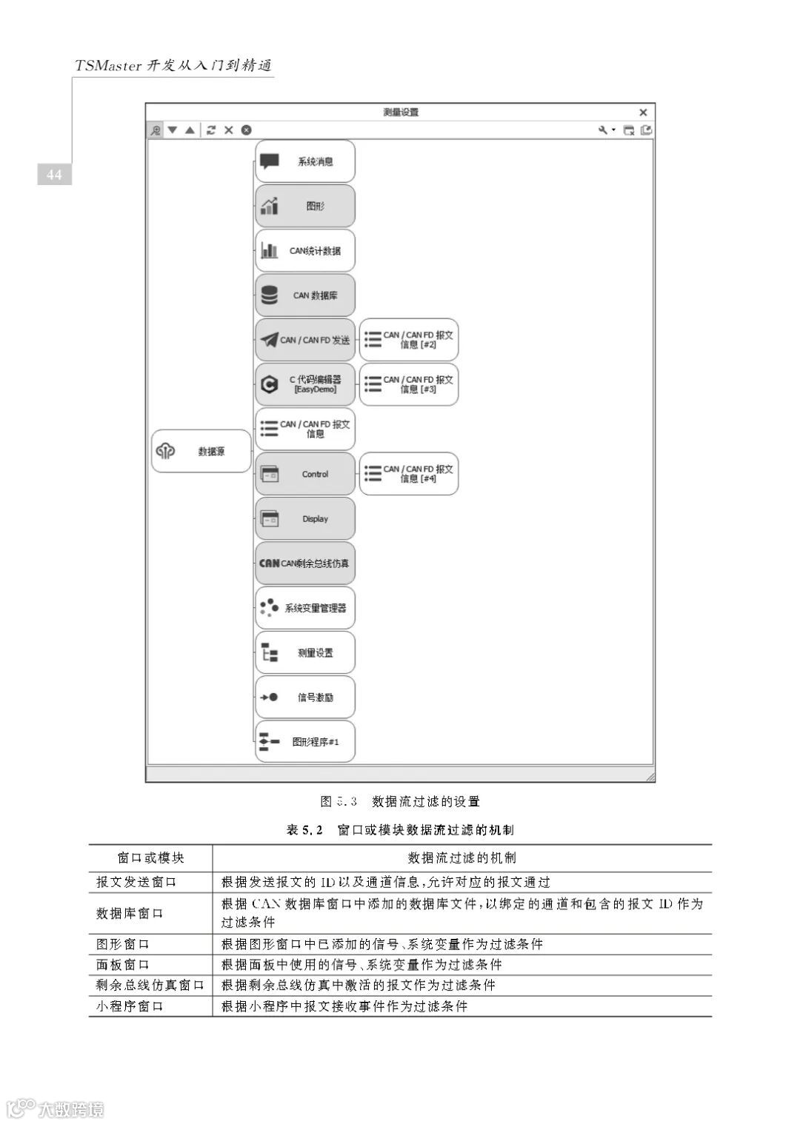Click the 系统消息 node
[x=305, y=161]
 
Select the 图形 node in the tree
[x=305, y=206]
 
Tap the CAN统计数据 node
[x=305, y=251]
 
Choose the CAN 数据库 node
[x=305, y=295]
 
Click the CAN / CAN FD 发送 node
[x=305, y=340]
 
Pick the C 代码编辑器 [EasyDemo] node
[x=305, y=384]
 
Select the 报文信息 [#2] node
[x=409, y=340]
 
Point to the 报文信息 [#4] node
[x=409, y=474]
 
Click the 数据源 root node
[x=201, y=451]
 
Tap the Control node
[x=305, y=474]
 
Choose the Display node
[x=305, y=518]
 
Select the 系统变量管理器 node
[x=305, y=608]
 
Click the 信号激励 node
[x=305, y=697]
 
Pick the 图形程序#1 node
[x=305, y=741]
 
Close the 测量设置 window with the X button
[x=643, y=113]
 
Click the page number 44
[x=54, y=175]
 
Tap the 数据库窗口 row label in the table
[x=130, y=913]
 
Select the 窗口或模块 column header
[x=150, y=858]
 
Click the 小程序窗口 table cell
[x=130, y=1006]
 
